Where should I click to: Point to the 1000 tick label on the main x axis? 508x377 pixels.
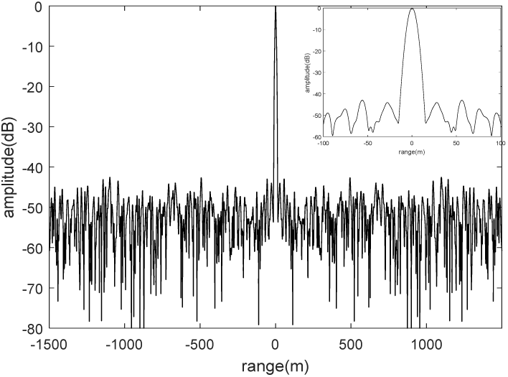pos(428,344)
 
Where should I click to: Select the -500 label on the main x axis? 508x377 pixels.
pos(199,344)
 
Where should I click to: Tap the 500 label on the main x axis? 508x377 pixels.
pos(352,344)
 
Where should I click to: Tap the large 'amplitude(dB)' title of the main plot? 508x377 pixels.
pos(11,167)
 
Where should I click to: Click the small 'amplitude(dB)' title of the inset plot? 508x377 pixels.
pos(306,73)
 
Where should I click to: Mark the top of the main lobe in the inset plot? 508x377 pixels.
pos(412,8)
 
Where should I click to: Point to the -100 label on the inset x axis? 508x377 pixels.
pos(322,142)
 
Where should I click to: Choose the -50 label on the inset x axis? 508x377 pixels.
pos(367,142)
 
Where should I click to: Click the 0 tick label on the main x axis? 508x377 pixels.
pos(276,344)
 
